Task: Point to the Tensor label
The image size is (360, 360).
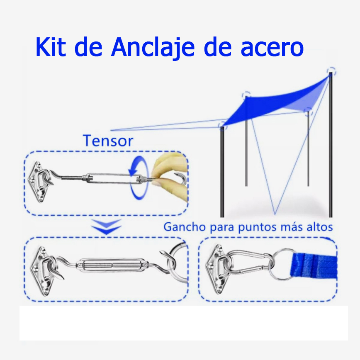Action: click(x=108, y=141)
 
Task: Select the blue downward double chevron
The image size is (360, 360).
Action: click(x=107, y=226)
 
